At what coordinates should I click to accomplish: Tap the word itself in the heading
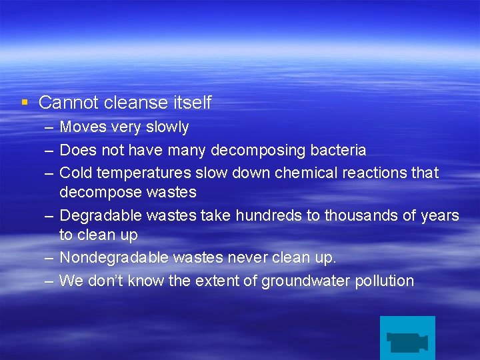tap(191, 103)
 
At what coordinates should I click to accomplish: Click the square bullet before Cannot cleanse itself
tap(25, 102)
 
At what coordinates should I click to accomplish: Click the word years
tap(442, 215)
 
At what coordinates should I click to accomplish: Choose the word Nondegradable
tap(114, 257)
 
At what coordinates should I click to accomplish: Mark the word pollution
tap(386, 281)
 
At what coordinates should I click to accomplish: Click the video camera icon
tap(407, 340)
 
